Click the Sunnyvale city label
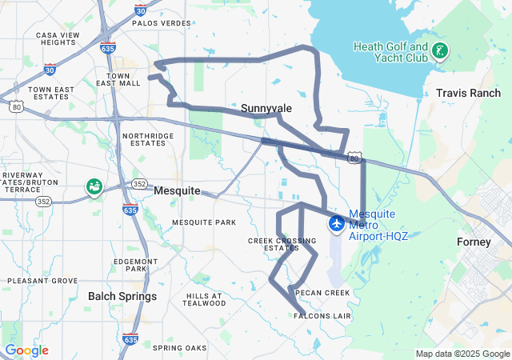266,107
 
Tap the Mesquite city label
177,191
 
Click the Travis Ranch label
468,94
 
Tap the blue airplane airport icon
336,222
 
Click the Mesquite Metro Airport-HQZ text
378,226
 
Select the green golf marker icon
438,52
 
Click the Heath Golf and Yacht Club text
391,53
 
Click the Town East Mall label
118,78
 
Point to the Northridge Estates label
147,139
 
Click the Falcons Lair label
322,316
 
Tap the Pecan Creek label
322,293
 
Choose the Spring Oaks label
179,348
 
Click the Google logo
26,350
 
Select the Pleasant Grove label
42,281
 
